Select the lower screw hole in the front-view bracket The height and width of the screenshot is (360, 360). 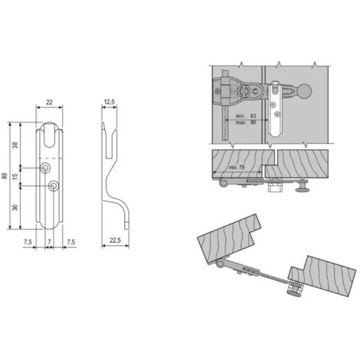pos(53,186)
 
